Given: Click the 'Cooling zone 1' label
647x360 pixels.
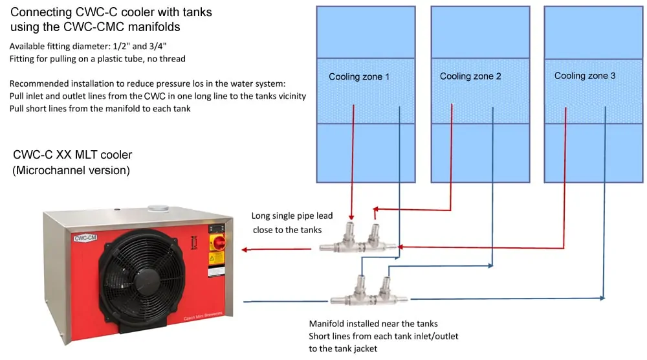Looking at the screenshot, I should click(x=358, y=76).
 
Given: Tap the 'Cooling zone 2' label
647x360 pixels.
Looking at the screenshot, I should click(x=470, y=76).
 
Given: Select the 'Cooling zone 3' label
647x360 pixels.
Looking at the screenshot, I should click(x=584, y=76).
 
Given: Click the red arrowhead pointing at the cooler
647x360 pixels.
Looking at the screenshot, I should click(x=245, y=249).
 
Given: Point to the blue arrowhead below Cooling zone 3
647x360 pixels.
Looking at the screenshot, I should click(x=602, y=298).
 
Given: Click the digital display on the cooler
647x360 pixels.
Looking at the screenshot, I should click(x=214, y=229).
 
